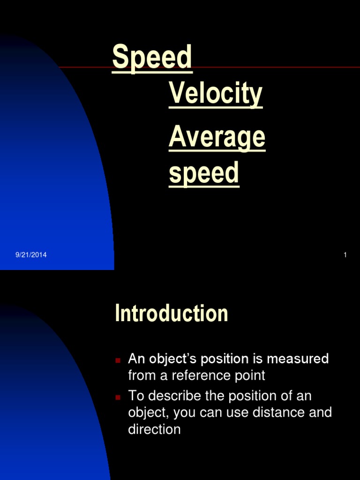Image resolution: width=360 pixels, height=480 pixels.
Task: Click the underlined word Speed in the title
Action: pos(152,58)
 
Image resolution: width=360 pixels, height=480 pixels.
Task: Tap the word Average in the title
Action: pos(217,138)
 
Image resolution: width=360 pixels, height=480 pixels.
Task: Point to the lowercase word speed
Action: pos(204,173)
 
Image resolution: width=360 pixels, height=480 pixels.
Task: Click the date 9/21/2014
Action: pos(31,255)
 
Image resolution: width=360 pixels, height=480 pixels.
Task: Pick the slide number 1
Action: pos(345,255)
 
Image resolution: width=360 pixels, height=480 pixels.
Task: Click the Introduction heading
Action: pos(172,313)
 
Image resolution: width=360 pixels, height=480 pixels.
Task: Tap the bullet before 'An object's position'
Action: pos(118,360)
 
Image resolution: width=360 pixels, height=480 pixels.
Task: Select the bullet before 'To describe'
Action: pos(118,397)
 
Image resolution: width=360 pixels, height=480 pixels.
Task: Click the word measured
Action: pos(298,359)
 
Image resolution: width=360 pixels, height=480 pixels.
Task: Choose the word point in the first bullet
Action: pos(250,376)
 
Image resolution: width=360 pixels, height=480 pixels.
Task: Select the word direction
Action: pos(154,429)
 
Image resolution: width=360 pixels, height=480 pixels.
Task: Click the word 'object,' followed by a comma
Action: pos(149,413)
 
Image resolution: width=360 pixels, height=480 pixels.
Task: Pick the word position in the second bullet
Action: pos(252,396)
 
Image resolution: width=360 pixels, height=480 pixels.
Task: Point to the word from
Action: pos(142,375)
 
